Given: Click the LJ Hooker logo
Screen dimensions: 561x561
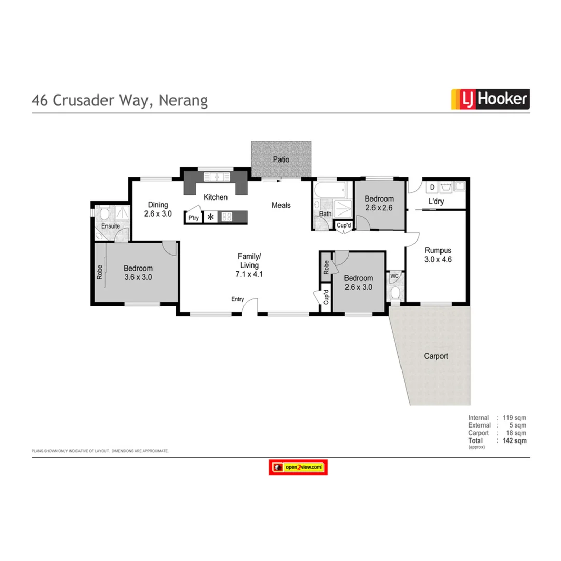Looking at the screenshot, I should click(x=490, y=99).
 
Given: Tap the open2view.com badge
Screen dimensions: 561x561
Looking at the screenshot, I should click(x=298, y=468).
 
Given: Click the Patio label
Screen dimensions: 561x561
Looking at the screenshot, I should click(x=281, y=159).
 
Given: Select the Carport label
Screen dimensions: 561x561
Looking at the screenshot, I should click(x=436, y=356).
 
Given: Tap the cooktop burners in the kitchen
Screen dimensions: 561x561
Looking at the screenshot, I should click(x=228, y=217).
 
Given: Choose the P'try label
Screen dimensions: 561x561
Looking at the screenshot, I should click(x=193, y=218).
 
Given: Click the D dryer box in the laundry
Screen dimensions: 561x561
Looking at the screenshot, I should click(x=431, y=186).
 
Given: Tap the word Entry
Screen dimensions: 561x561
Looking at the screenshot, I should click(x=237, y=299).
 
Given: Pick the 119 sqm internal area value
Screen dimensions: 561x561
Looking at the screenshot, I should click(x=513, y=418).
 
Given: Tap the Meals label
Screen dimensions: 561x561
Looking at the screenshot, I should click(x=281, y=205).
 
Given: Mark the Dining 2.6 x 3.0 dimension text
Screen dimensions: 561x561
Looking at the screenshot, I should click(x=157, y=213).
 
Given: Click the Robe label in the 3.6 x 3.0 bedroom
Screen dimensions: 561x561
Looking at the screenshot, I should click(x=100, y=273).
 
